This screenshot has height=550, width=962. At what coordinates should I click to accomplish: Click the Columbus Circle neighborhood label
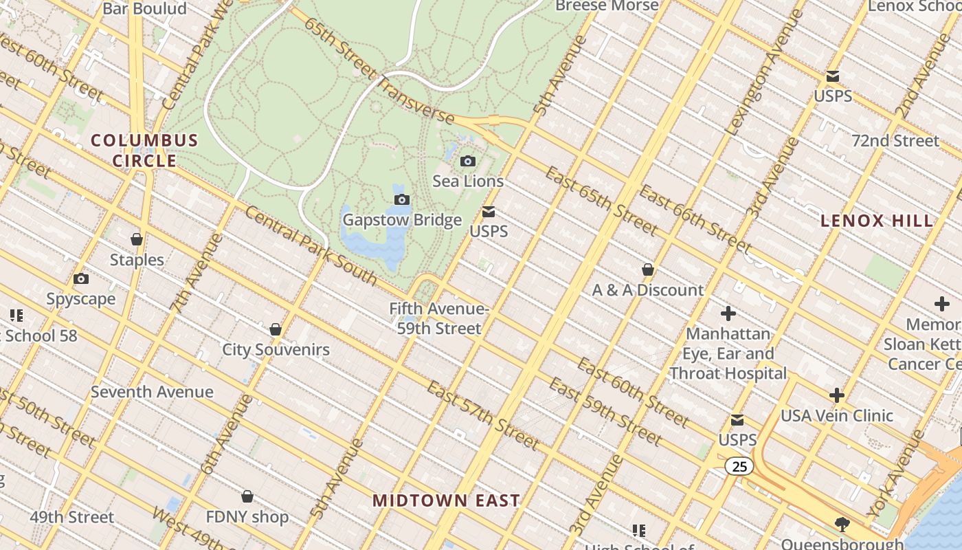click(144, 151)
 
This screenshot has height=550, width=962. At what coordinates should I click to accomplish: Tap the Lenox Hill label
click(877, 221)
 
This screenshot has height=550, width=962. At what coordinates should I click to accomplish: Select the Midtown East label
click(446, 500)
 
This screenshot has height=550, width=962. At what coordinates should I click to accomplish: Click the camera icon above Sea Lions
click(468, 162)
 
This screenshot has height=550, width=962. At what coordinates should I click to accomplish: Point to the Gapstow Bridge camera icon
click(402, 200)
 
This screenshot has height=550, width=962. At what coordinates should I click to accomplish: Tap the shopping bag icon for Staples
click(137, 239)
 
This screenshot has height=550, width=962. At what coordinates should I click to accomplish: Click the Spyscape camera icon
click(81, 279)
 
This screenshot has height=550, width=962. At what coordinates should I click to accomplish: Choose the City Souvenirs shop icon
click(276, 330)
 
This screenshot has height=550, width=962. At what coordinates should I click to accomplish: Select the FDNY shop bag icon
click(247, 496)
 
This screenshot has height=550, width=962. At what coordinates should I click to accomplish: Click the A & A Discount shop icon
click(647, 269)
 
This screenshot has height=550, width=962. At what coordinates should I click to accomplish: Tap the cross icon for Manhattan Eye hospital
click(728, 314)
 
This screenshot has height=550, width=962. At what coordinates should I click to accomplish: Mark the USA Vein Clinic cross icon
click(836, 395)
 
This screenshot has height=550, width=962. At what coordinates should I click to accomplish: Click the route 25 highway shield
click(739, 467)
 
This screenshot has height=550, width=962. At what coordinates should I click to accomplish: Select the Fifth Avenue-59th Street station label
click(439, 318)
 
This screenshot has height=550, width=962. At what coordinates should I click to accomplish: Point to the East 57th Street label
click(482, 414)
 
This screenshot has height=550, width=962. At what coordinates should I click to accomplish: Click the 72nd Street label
click(895, 141)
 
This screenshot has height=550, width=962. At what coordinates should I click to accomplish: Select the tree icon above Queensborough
click(842, 525)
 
